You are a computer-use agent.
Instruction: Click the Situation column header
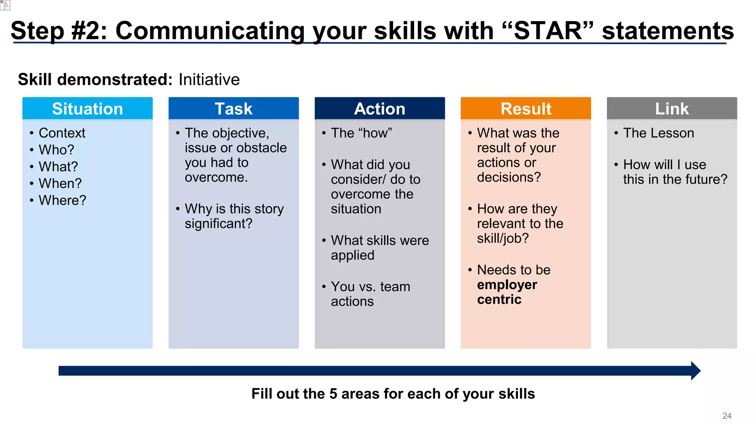point(87,109)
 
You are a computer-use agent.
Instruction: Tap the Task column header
point(233,109)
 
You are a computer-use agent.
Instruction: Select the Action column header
point(379,109)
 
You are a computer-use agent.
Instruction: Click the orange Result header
point(526,109)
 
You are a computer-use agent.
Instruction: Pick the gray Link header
point(672,109)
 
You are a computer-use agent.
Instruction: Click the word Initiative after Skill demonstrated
point(209,80)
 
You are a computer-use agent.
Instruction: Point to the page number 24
point(727,416)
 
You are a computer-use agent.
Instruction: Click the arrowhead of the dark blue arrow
point(695,371)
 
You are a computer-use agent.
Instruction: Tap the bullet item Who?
point(56,150)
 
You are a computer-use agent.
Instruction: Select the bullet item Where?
point(62,200)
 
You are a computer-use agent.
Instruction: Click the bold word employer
point(507,285)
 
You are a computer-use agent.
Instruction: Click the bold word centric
point(499,300)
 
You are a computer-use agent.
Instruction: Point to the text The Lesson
point(659,133)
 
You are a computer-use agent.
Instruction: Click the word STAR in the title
point(548,31)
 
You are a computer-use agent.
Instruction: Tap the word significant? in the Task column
point(219,224)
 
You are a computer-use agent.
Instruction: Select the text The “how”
point(361,133)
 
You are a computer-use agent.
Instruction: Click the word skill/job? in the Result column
point(503,239)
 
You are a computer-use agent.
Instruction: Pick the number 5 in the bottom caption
point(333,394)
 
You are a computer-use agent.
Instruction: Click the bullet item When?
point(60,183)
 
